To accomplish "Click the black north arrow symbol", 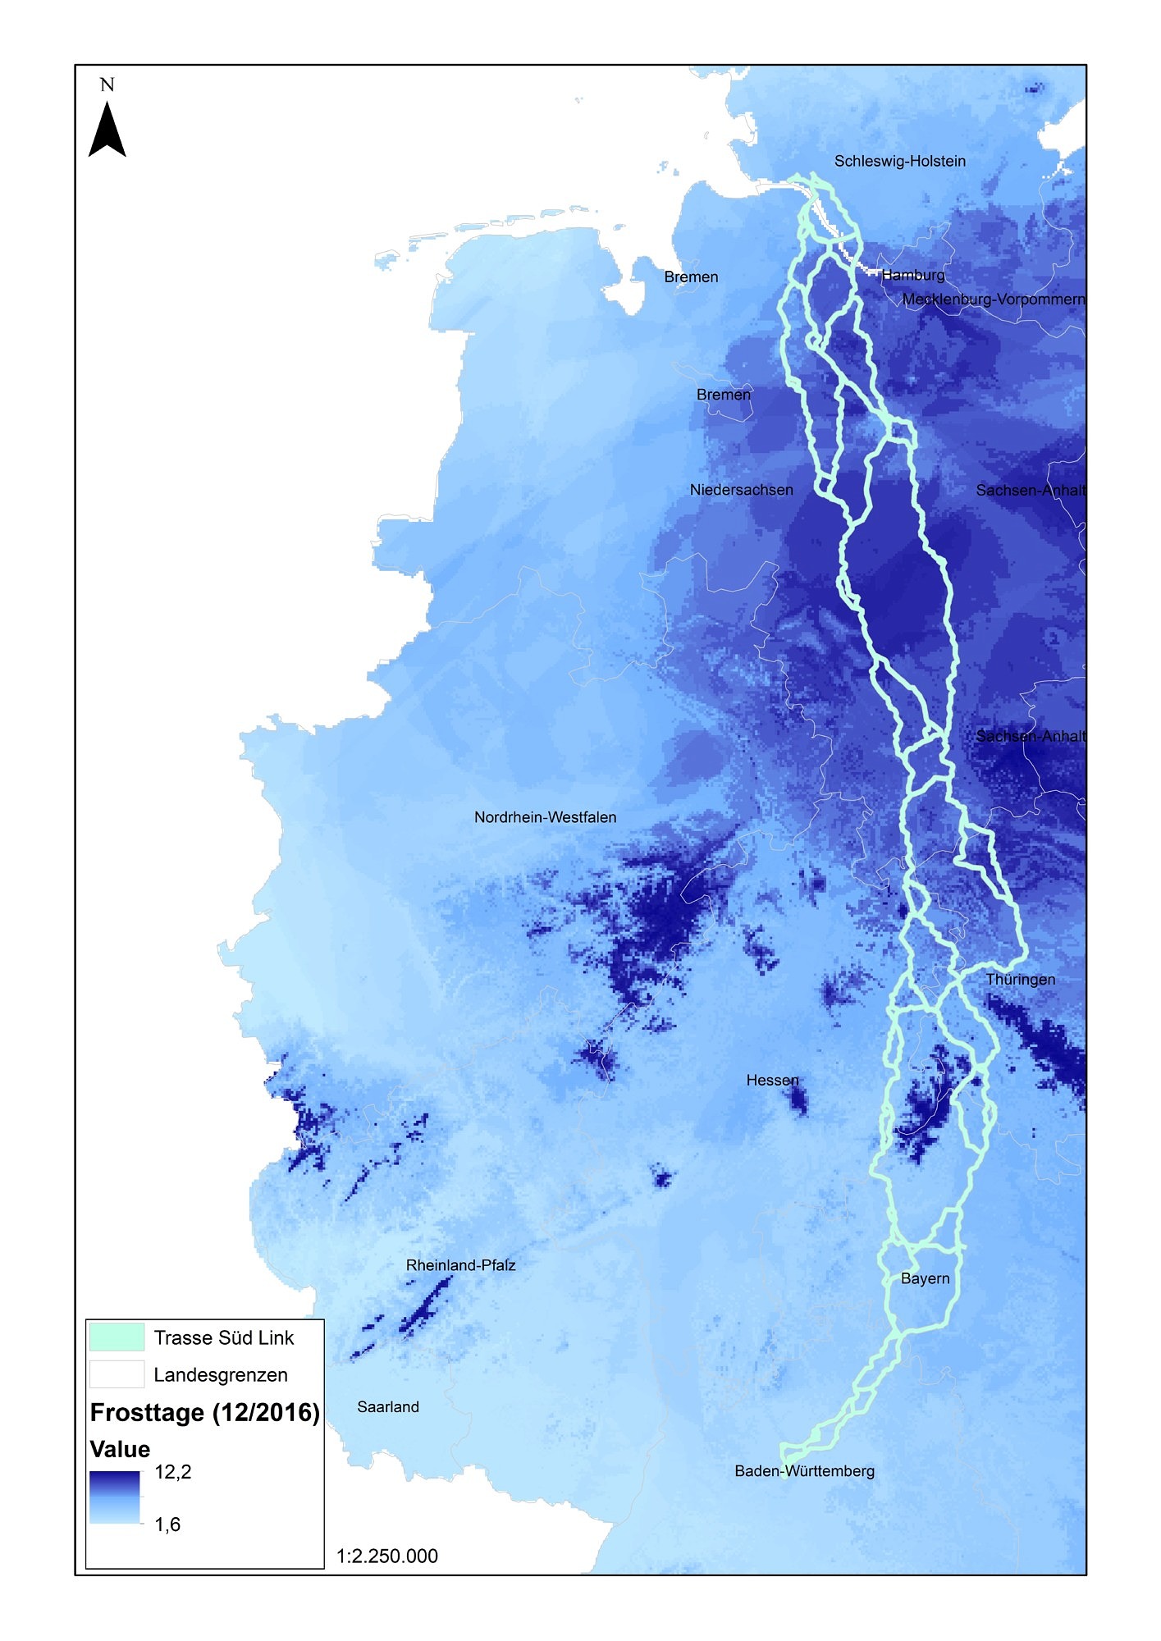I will click(x=107, y=130).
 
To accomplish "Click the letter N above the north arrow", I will click(x=107, y=85).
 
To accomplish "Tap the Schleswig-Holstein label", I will click(x=899, y=162).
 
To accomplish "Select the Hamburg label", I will click(x=913, y=276).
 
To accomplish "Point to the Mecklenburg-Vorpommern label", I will click(x=993, y=299).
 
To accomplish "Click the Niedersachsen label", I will click(x=741, y=491).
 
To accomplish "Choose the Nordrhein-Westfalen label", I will click(x=545, y=818).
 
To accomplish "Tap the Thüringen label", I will click(x=1020, y=980).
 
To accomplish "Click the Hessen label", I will click(x=772, y=1081).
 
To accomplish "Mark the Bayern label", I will click(x=925, y=1279).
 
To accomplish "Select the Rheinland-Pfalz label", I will click(x=460, y=1266).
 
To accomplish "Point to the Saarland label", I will click(x=388, y=1407).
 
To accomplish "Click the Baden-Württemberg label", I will click(x=804, y=1471).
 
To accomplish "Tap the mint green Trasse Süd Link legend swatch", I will click(x=117, y=1337).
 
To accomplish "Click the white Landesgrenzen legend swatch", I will click(x=117, y=1374).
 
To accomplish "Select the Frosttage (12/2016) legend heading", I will click(x=204, y=1412).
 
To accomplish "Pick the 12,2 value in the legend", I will click(x=172, y=1472).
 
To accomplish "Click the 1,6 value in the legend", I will click(x=167, y=1524).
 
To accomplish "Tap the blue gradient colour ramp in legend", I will click(x=114, y=1497).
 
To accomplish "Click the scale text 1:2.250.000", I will click(x=386, y=1556).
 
